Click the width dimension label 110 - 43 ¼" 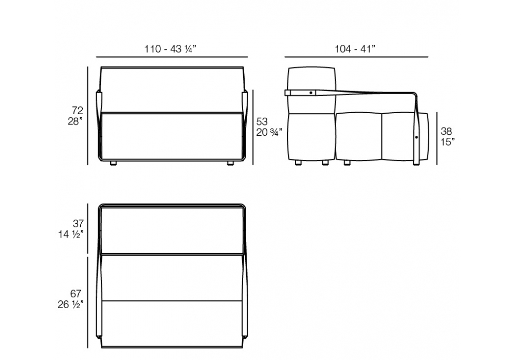[x=171, y=49]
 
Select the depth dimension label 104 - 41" [x=355, y=49]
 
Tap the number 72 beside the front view [x=78, y=110]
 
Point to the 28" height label [x=76, y=121]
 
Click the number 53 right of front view [x=262, y=122]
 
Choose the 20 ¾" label [x=269, y=133]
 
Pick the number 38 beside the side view [x=447, y=131]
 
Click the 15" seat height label [x=448, y=142]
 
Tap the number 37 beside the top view [x=78, y=224]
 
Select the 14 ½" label [x=71, y=235]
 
